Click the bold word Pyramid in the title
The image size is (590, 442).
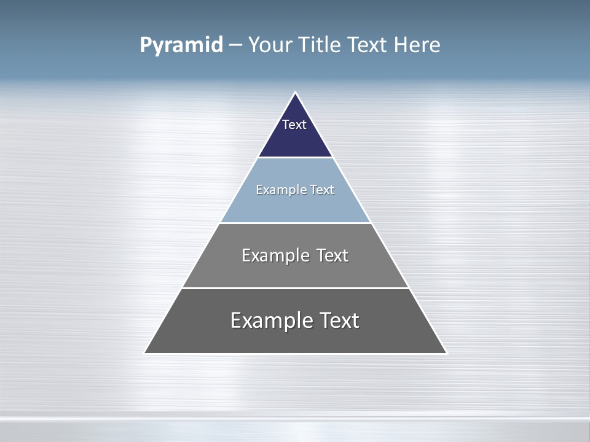[181, 45]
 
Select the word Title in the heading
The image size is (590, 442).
[320, 45]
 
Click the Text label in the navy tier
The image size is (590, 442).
[294, 125]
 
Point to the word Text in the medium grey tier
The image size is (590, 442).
[332, 255]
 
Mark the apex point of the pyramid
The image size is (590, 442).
[296, 93]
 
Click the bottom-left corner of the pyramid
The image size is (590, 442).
[145, 353]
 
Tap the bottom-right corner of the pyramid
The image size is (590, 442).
[446, 353]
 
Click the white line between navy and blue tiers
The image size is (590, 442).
[295, 158]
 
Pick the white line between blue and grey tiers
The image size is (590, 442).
[295, 223]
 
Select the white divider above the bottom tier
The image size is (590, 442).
[295, 288]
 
